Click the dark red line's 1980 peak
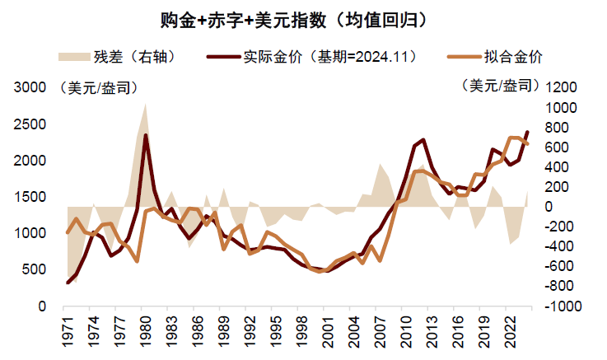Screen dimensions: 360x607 (x=146, y=135)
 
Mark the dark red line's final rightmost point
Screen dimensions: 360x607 (x=527, y=132)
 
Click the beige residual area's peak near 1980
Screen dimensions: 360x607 (x=146, y=105)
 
